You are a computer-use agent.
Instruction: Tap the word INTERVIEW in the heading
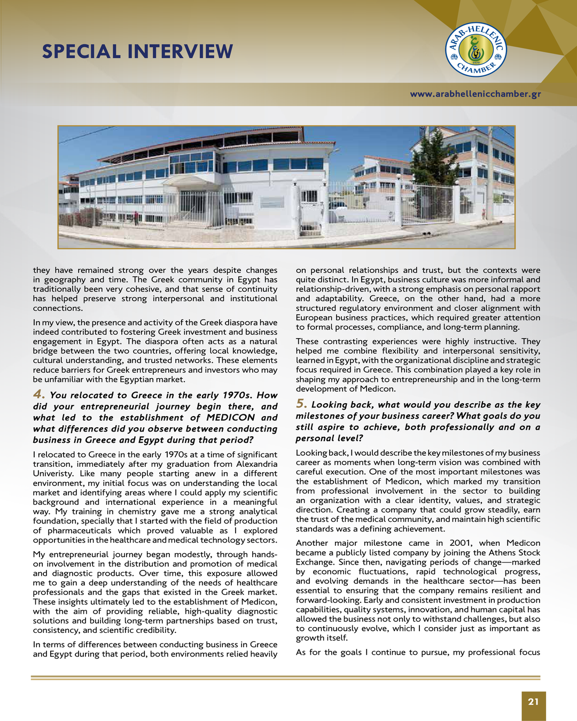click(x=180, y=52)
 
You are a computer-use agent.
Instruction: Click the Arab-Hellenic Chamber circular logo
click(x=476, y=50)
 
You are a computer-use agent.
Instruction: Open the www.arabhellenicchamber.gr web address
click(x=475, y=94)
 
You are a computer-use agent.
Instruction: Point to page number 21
click(x=533, y=702)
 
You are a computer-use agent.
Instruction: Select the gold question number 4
click(x=38, y=394)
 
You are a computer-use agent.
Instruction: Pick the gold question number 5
click(x=301, y=404)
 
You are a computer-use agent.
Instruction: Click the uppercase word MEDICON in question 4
click(x=230, y=418)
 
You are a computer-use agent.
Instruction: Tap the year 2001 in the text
click(x=460, y=543)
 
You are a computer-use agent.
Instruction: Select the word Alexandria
click(x=256, y=464)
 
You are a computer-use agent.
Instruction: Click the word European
click(x=314, y=318)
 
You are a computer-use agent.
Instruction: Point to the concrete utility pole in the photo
click(x=489, y=176)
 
